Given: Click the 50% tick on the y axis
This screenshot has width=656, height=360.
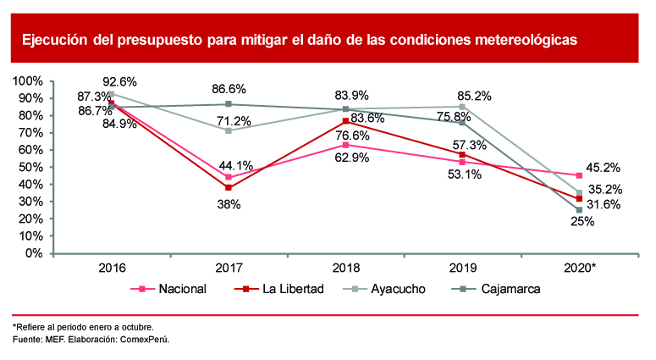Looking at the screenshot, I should tap(31, 167).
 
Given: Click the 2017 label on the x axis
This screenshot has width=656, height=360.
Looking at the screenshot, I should tap(229, 268).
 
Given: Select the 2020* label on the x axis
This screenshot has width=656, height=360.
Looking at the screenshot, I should tap(579, 268).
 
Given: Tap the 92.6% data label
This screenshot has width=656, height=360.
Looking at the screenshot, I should tap(119, 82).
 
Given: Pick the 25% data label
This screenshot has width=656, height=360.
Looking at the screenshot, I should tap(579, 222).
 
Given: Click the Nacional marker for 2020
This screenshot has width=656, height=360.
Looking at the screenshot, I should tap(579, 175).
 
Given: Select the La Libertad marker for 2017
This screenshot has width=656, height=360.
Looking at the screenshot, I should tap(229, 187).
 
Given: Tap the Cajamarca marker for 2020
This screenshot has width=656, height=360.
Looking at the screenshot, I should tap(579, 210).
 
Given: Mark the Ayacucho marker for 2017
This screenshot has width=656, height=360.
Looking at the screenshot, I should tap(229, 130).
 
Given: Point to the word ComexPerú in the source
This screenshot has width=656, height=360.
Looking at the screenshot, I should tap(146, 339).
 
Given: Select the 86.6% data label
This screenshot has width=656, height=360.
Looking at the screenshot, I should tap(229, 87).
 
